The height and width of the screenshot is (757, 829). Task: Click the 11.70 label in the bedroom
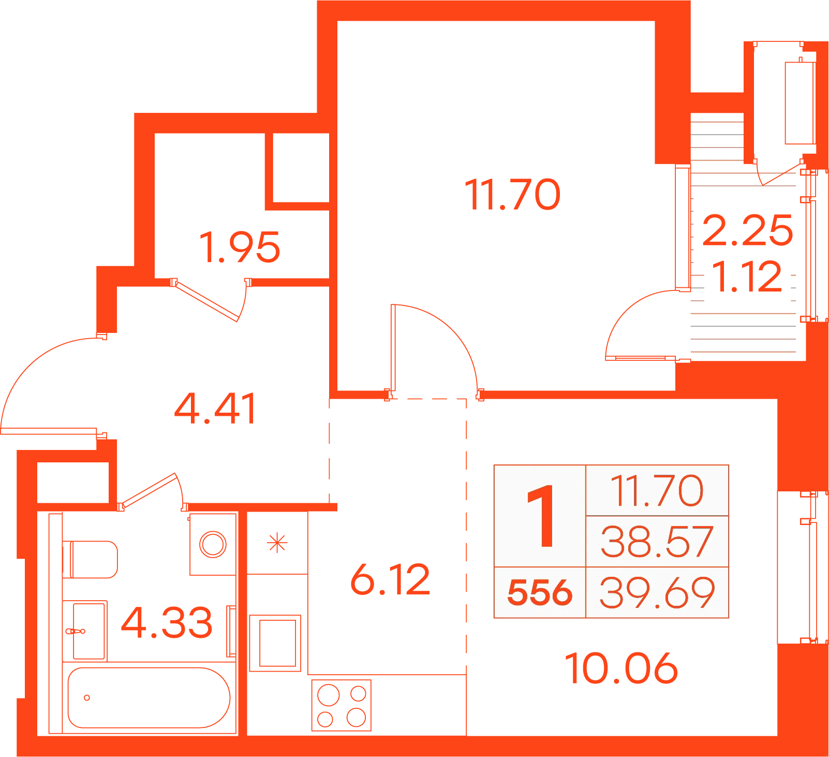coord(512,195)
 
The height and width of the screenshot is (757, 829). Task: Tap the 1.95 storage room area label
coord(240,247)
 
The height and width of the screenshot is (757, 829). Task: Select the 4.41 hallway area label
coord(215,409)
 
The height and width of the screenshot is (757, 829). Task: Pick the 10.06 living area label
coord(621,668)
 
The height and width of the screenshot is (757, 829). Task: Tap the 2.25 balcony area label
coord(747,230)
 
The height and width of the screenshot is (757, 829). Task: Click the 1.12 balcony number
coord(747,276)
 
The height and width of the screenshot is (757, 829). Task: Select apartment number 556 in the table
coord(540,592)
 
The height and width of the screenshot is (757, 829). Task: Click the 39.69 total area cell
coord(657,592)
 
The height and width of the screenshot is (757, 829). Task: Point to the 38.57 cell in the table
coord(657,542)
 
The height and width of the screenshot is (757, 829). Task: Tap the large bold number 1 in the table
coord(541,516)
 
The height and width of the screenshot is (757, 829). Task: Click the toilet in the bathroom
coord(91,559)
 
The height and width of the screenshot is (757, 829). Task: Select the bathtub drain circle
coord(87,697)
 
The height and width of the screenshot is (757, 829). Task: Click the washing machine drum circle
coord(213,544)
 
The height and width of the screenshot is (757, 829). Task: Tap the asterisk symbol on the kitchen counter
coord(277,543)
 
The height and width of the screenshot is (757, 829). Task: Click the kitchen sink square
coord(275,643)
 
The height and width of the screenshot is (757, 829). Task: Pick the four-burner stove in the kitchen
coord(342,705)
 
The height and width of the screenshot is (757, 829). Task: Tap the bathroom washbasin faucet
coord(76,631)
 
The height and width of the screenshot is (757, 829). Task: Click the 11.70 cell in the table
coord(657,490)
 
